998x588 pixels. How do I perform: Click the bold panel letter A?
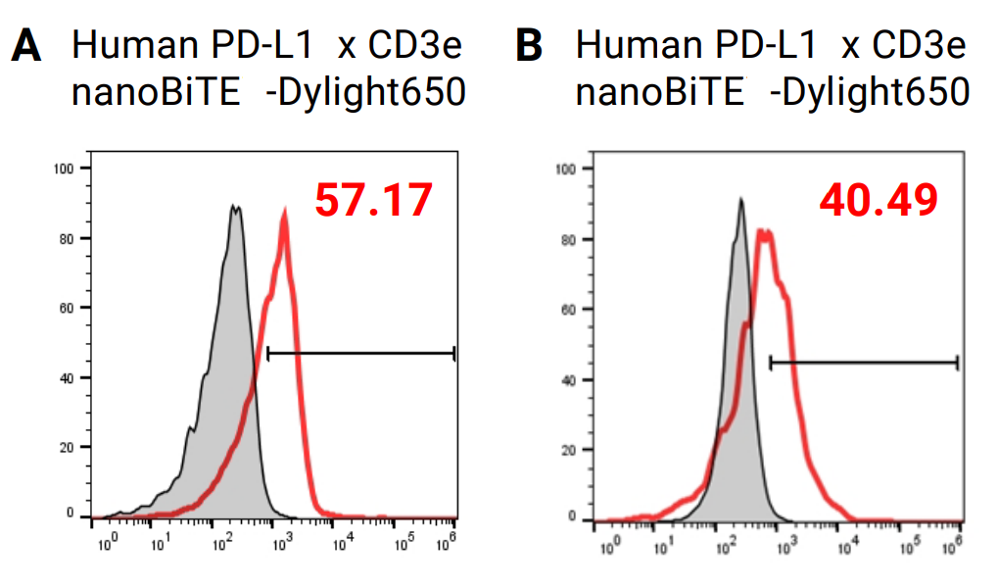pyautogui.click(x=25, y=46)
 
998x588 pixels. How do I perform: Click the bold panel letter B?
pyautogui.click(x=529, y=46)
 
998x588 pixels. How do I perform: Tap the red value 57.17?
pyautogui.click(x=373, y=200)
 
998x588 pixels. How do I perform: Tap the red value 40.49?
pyautogui.click(x=879, y=200)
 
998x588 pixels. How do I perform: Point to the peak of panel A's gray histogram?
pyautogui.click(x=233, y=207)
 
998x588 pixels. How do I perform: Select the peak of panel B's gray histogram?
pyautogui.click(x=741, y=201)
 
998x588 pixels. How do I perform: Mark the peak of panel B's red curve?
pyautogui.click(x=764, y=232)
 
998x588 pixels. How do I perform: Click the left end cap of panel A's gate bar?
pyautogui.click(x=267, y=353)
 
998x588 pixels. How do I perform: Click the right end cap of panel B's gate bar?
pyautogui.click(x=957, y=363)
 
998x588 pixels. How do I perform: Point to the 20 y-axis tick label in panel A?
pyautogui.click(x=68, y=447)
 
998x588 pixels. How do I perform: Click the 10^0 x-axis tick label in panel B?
pyautogui.click(x=610, y=546)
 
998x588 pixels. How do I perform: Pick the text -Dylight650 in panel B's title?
pyautogui.click(x=869, y=93)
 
